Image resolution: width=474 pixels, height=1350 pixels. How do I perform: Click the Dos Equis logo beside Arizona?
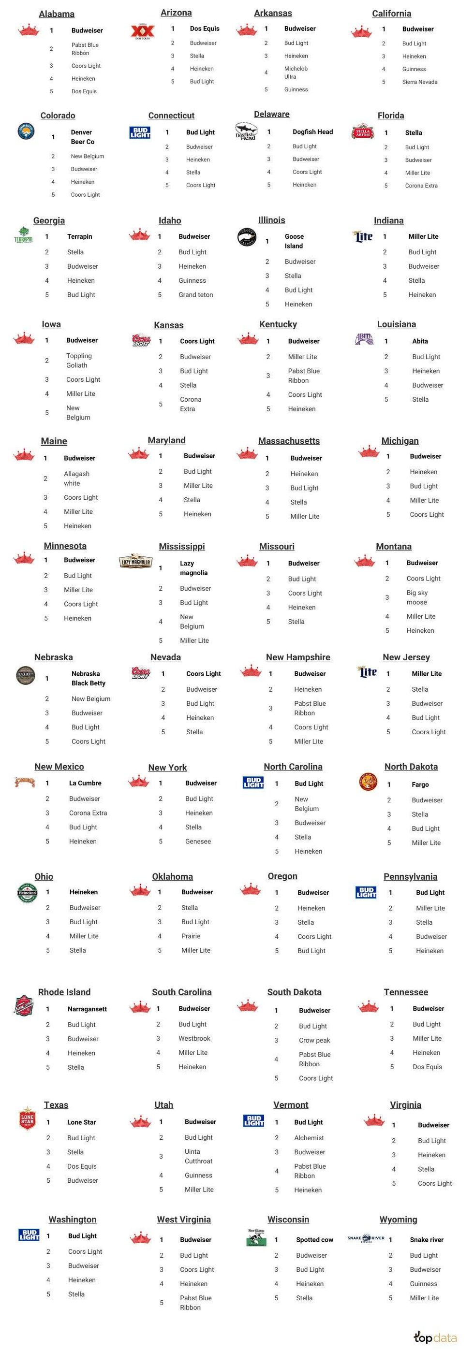point(143,32)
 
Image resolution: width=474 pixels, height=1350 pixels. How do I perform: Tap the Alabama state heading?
point(57,14)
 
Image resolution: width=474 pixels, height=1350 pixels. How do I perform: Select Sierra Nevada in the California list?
point(419,82)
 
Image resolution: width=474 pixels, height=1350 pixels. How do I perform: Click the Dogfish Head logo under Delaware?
point(246,131)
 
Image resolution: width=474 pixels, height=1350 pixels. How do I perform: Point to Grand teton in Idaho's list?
point(195,294)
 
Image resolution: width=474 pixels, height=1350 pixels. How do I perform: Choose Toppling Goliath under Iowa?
point(79,361)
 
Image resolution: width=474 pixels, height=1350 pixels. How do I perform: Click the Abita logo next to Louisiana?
point(364,340)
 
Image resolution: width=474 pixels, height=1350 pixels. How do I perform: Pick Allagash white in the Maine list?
point(76,479)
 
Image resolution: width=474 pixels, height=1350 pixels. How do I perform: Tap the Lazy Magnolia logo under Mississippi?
point(135,562)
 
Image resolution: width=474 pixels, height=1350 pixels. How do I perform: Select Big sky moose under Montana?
point(417,597)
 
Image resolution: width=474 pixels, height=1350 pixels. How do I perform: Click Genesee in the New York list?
point(198,841)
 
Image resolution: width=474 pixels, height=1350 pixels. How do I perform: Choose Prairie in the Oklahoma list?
point(191,936)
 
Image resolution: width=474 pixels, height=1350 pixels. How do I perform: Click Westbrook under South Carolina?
point(194,1038)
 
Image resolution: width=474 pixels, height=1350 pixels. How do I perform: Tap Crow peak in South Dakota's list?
point(314,1040)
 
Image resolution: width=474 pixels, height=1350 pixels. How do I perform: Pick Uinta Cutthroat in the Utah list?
point(198,1156)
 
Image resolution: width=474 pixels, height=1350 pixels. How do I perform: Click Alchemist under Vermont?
point(309,1138)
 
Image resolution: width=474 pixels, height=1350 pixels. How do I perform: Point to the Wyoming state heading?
point(399,1219)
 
